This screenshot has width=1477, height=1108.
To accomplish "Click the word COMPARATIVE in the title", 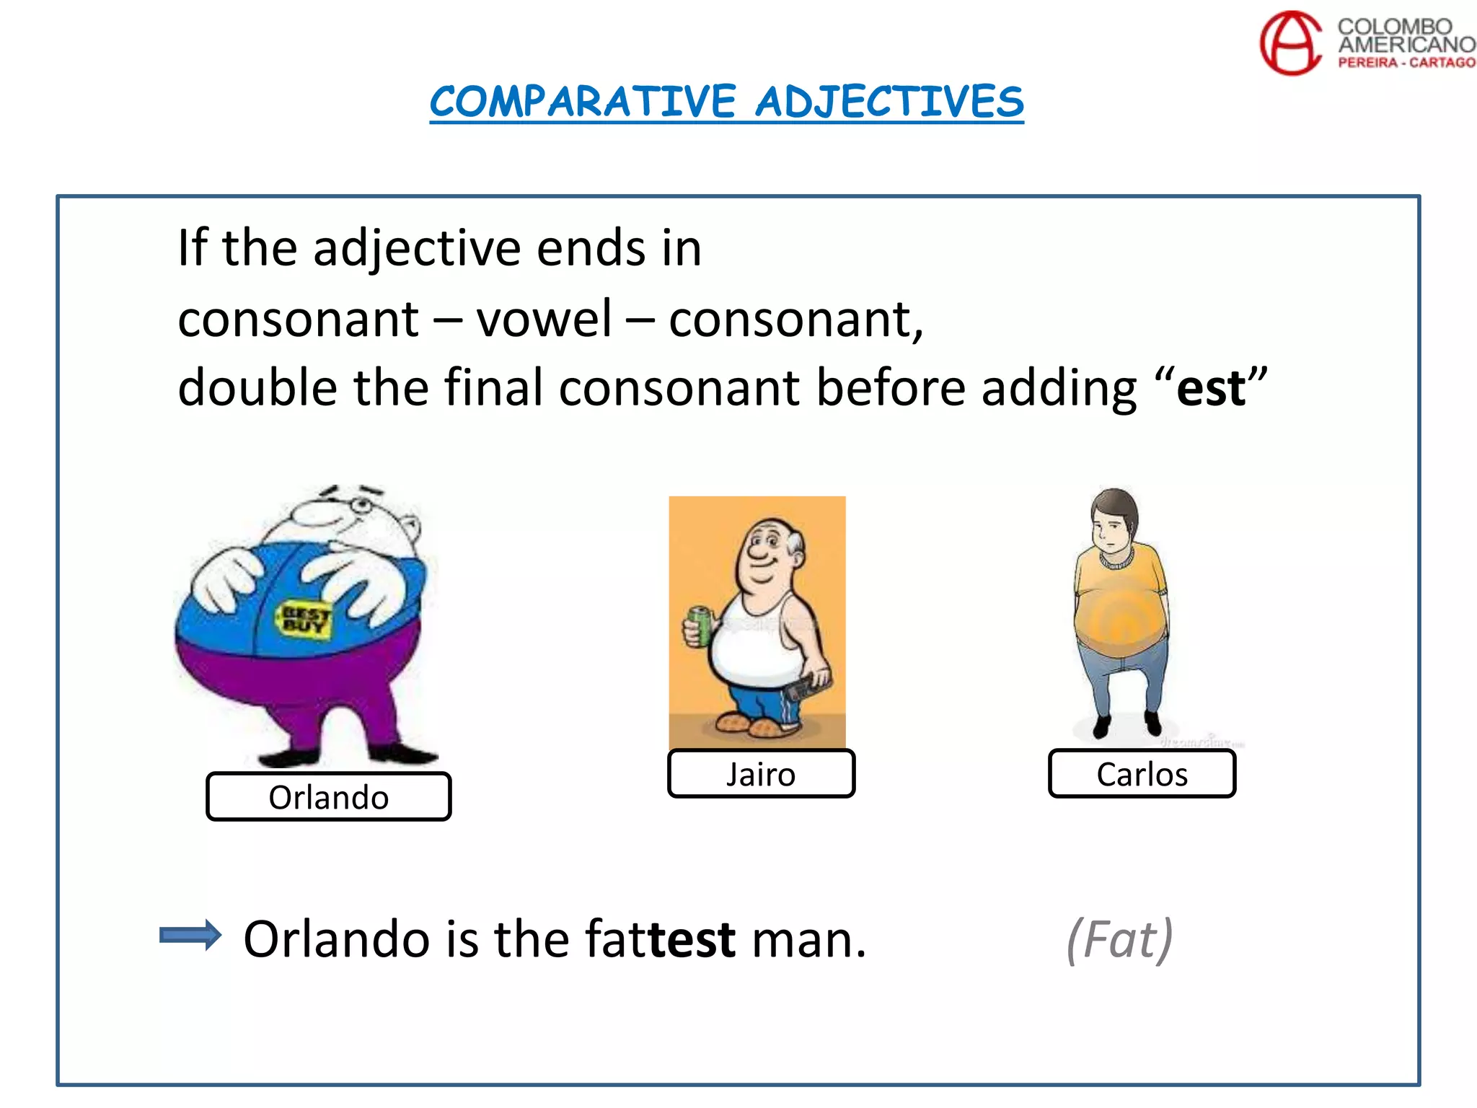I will point(583,101).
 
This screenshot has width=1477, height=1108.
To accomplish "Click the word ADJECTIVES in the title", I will point(889,101).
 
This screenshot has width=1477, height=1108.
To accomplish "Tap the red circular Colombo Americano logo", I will point(1290,43).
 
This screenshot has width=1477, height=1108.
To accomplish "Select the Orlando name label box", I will point(329,796).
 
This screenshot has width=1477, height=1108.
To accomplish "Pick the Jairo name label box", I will point(761,774).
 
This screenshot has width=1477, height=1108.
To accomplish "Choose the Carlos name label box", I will point(1142,774).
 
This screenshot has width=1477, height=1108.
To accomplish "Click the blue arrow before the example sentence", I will point(190,936).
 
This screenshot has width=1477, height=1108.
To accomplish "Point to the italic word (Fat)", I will point(1119,939).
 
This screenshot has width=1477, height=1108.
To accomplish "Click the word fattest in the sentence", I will point(660,939).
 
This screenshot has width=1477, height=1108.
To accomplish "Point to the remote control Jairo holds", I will point(807,686).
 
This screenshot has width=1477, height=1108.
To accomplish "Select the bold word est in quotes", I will point(1210,388).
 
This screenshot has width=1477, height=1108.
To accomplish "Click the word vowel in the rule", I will point(544,319).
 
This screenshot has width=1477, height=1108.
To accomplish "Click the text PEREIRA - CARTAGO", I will point(1406,63).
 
